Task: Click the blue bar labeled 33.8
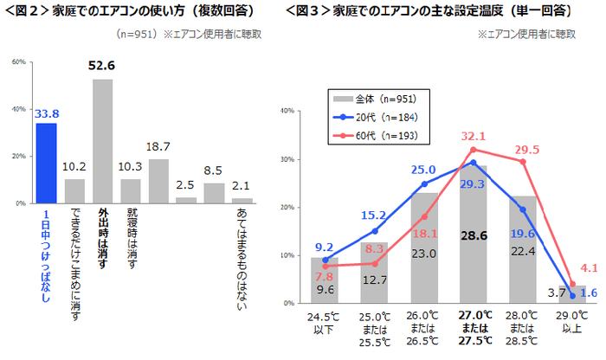(x=46, y=163)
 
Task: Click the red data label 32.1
(x=473, y=137)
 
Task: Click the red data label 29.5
(x=525, y=149)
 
